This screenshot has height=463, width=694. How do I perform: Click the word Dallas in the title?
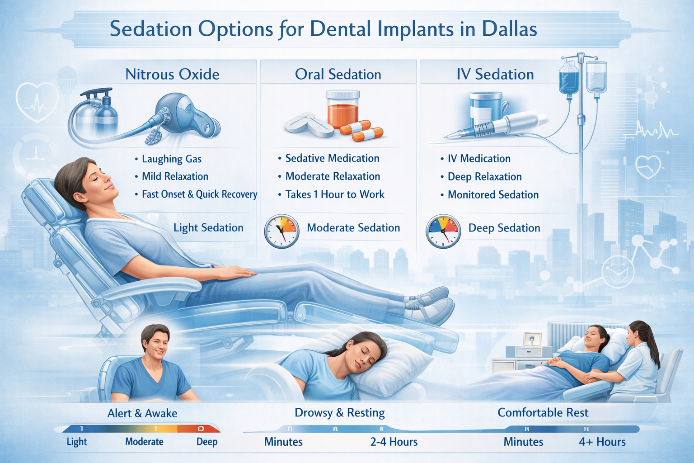pos(509,29)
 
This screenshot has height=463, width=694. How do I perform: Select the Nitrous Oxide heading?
pos(172,74)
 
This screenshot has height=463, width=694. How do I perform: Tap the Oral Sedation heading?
pos(338,74)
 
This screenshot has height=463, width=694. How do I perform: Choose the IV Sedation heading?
pos(495,74)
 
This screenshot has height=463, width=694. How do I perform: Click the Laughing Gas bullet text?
pos(172,159)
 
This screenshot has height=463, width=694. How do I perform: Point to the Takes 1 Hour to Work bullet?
pos(335,194)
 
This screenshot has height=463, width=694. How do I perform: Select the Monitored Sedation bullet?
pos(493,195)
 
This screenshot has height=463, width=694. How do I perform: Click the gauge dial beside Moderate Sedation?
pos(281,231)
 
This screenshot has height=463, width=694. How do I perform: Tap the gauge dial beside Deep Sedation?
pos(443,231)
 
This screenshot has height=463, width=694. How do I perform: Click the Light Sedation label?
pos(208,228)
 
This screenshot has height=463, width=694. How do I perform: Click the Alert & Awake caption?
pos(142,413)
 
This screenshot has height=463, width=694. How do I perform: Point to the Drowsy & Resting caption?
pos(340,413)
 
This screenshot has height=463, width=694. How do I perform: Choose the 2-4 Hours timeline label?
pos(394,442)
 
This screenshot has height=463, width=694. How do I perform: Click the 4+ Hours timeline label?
pos(602,442)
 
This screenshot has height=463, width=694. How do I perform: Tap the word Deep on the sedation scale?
pos(207,442)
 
